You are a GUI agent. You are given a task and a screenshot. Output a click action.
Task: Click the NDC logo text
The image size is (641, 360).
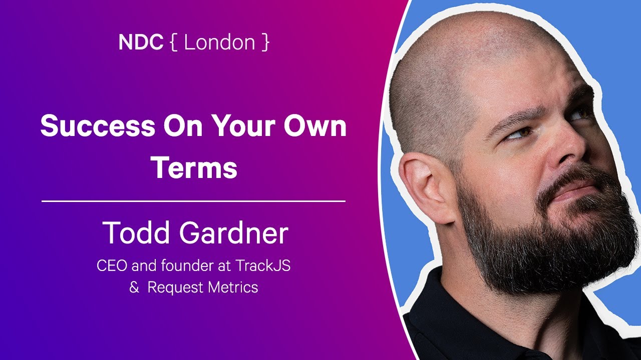point(141,42)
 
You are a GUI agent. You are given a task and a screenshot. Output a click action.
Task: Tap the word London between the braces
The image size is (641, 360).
point(219,42)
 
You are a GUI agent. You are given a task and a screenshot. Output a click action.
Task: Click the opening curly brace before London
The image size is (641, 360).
point(173,42)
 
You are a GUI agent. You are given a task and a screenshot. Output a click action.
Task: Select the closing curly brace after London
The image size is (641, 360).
point(265,42)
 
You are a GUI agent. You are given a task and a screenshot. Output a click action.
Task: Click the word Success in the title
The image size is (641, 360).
point(98,125)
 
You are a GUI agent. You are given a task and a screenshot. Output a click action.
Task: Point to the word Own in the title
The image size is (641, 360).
point(315,125)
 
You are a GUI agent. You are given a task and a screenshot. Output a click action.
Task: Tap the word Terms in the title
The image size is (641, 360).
point(194,167)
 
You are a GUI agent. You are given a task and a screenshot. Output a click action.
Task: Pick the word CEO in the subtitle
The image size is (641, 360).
point(112,265)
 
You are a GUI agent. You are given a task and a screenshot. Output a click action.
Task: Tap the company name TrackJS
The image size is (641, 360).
point(263,265)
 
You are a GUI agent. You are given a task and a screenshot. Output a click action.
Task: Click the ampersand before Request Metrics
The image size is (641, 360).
point(134,287)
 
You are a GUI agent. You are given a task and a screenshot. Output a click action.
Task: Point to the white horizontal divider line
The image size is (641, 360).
point(193,201)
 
